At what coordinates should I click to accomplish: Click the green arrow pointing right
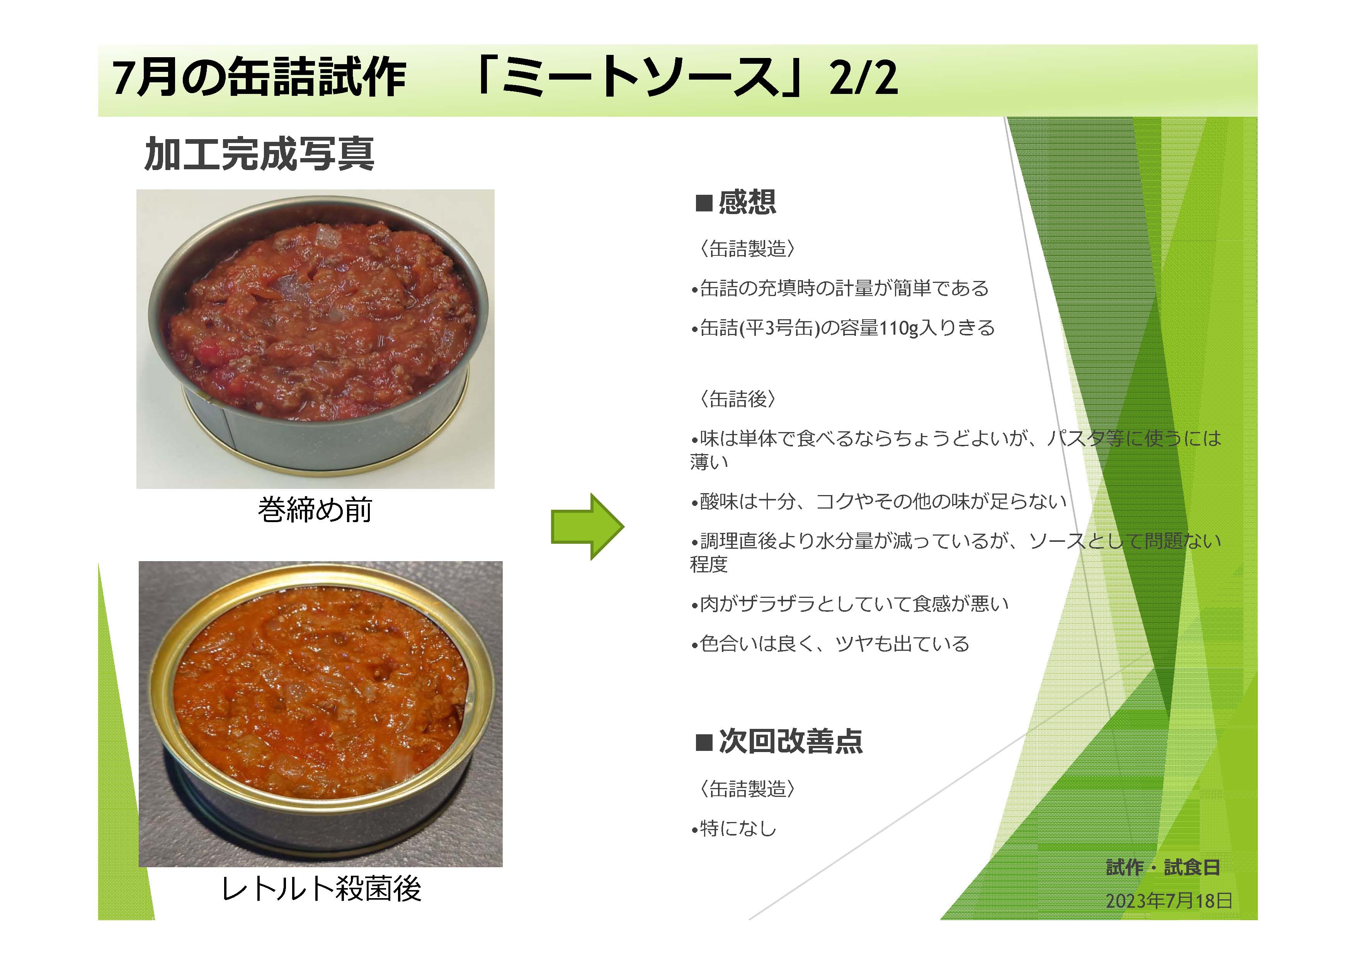point(587,526)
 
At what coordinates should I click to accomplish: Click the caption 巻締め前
point(315,510)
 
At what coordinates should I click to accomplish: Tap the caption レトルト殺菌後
point(321,889)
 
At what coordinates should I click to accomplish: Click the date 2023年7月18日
point(1168,901)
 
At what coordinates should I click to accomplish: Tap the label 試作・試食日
point(1162,868)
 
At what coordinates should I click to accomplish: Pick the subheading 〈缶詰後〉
point(737,399)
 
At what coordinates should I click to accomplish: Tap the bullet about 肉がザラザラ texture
point(850,604)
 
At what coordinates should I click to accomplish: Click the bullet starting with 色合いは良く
point(830,643)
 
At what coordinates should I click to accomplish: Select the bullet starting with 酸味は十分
point(879,502)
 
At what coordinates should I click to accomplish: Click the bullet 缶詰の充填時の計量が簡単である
point(840,288)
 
